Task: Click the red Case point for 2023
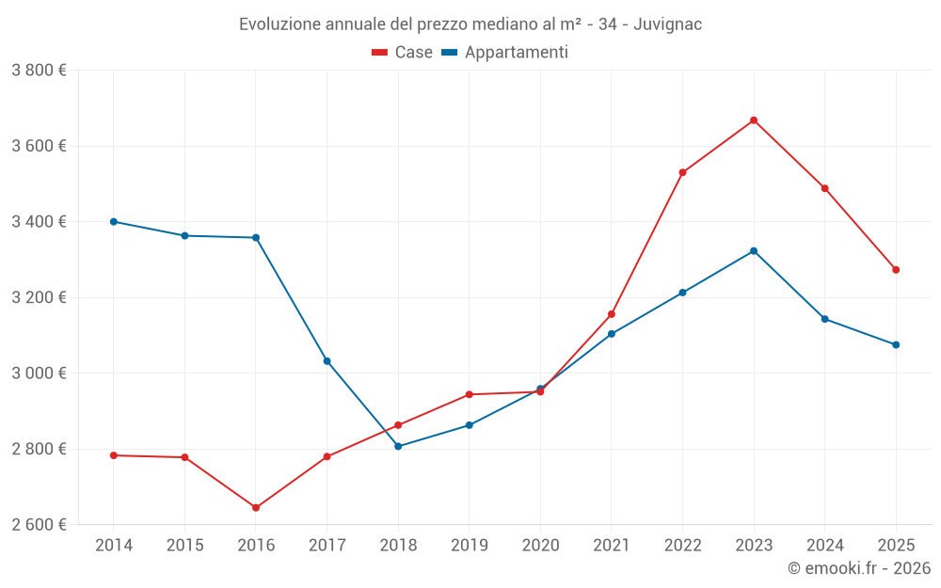coord(754,120)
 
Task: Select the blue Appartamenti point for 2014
coord(114,222)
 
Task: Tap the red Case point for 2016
coord(256,508)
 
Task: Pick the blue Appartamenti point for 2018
coord(398,446)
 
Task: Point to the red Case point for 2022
coord(682,173)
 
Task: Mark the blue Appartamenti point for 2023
coord(754,251)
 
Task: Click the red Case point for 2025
coord(896,270)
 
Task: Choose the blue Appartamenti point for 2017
coord(327,361)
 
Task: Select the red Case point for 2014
coord(114,455)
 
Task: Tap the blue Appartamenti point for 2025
coord(896,345)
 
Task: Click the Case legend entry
coord(403,53)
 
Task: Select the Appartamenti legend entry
coord(505,53)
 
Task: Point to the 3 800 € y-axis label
coord(39,71)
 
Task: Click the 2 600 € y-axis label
coord(39,524)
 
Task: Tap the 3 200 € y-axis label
coord(39,297)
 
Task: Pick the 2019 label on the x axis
coord(469,546)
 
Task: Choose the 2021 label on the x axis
coord(612,546)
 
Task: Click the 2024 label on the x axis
coord(824,546)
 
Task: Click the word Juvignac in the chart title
coord(667,24)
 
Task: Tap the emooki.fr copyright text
coord(858,568)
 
